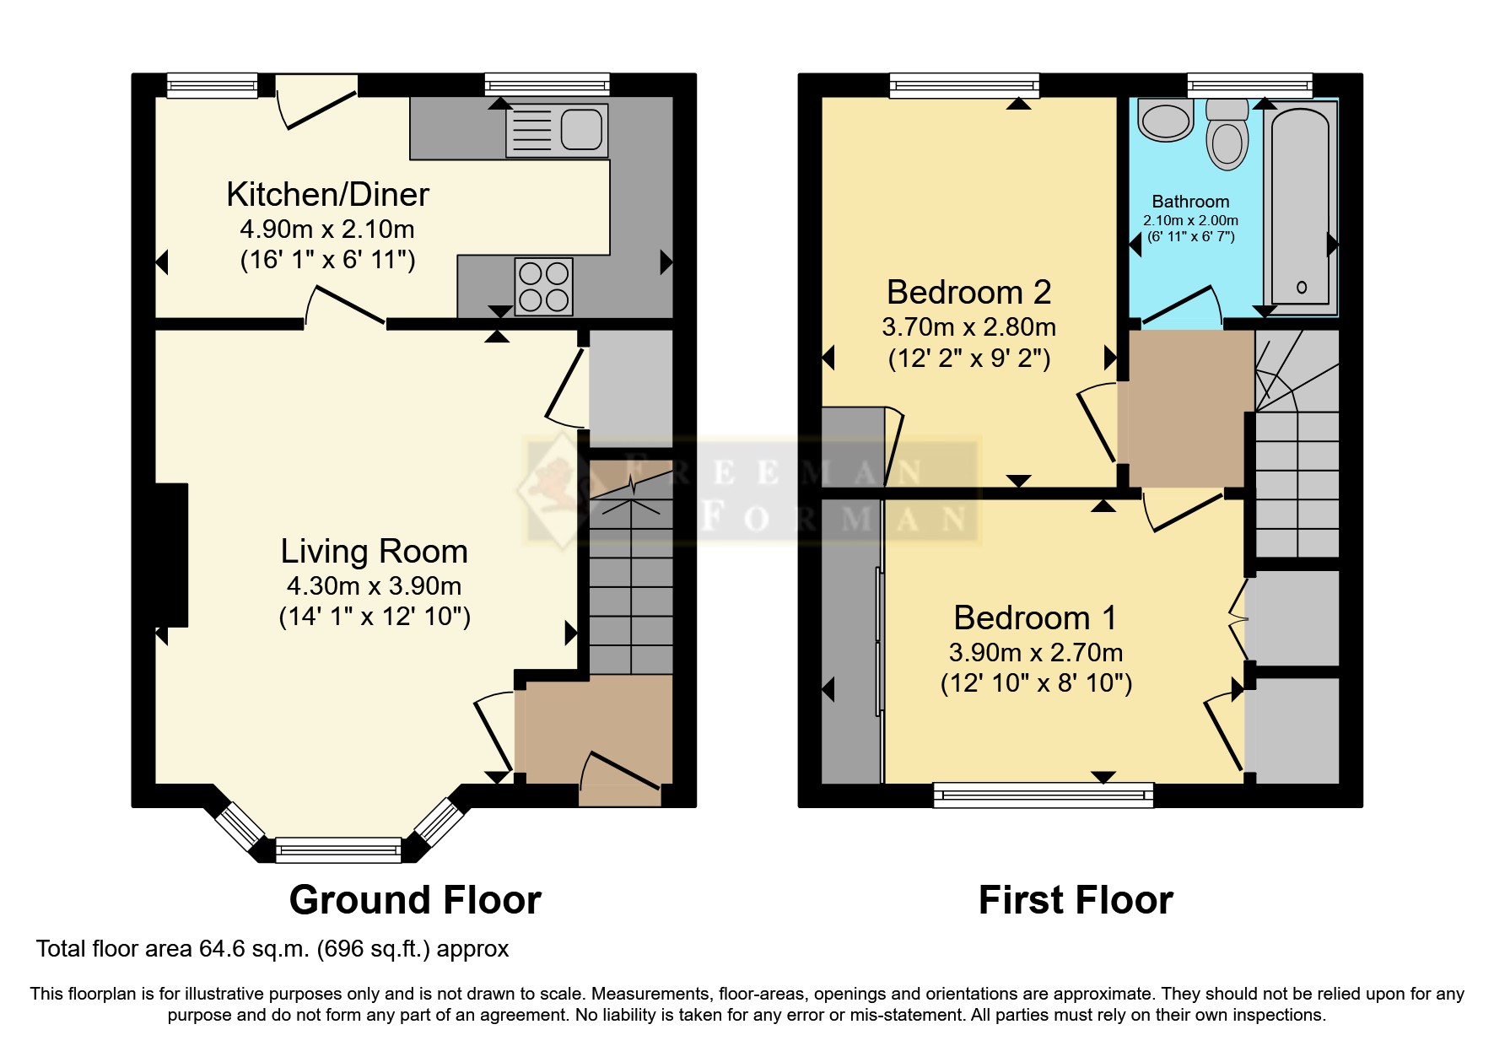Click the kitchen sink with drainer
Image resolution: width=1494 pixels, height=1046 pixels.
coord(557,131)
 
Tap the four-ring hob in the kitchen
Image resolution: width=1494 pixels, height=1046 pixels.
coord(544,287)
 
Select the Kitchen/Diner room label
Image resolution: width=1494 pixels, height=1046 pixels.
coord(327,195)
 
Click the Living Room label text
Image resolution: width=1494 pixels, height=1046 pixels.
coord(374,552)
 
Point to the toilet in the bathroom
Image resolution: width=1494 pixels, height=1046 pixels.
coord(1227,134)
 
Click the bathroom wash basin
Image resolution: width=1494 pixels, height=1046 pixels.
coord(1165,119)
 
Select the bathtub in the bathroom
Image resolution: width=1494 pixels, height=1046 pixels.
coord(1301,208)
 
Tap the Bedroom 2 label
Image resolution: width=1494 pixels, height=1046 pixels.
coord(968,293)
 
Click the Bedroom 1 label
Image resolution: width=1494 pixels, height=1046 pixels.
coord(1035,618)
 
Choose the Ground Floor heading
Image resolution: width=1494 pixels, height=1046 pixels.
coord(415,900)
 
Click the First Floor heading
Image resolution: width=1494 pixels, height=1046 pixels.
coord(1076,900)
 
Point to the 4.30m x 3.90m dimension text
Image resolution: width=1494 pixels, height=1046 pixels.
coord(374,585)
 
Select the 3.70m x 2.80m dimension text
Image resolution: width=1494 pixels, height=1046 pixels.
coord(968,326)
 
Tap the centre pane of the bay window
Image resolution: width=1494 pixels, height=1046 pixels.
coord(338,849)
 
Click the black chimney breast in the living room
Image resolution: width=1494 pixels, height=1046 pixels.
coord(171,555)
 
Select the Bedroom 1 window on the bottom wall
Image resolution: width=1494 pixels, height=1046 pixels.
coord(1044,795)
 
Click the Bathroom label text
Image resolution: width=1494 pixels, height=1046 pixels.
coord(1190,202)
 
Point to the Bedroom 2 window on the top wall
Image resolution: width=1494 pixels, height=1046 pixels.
coord(964,85)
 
